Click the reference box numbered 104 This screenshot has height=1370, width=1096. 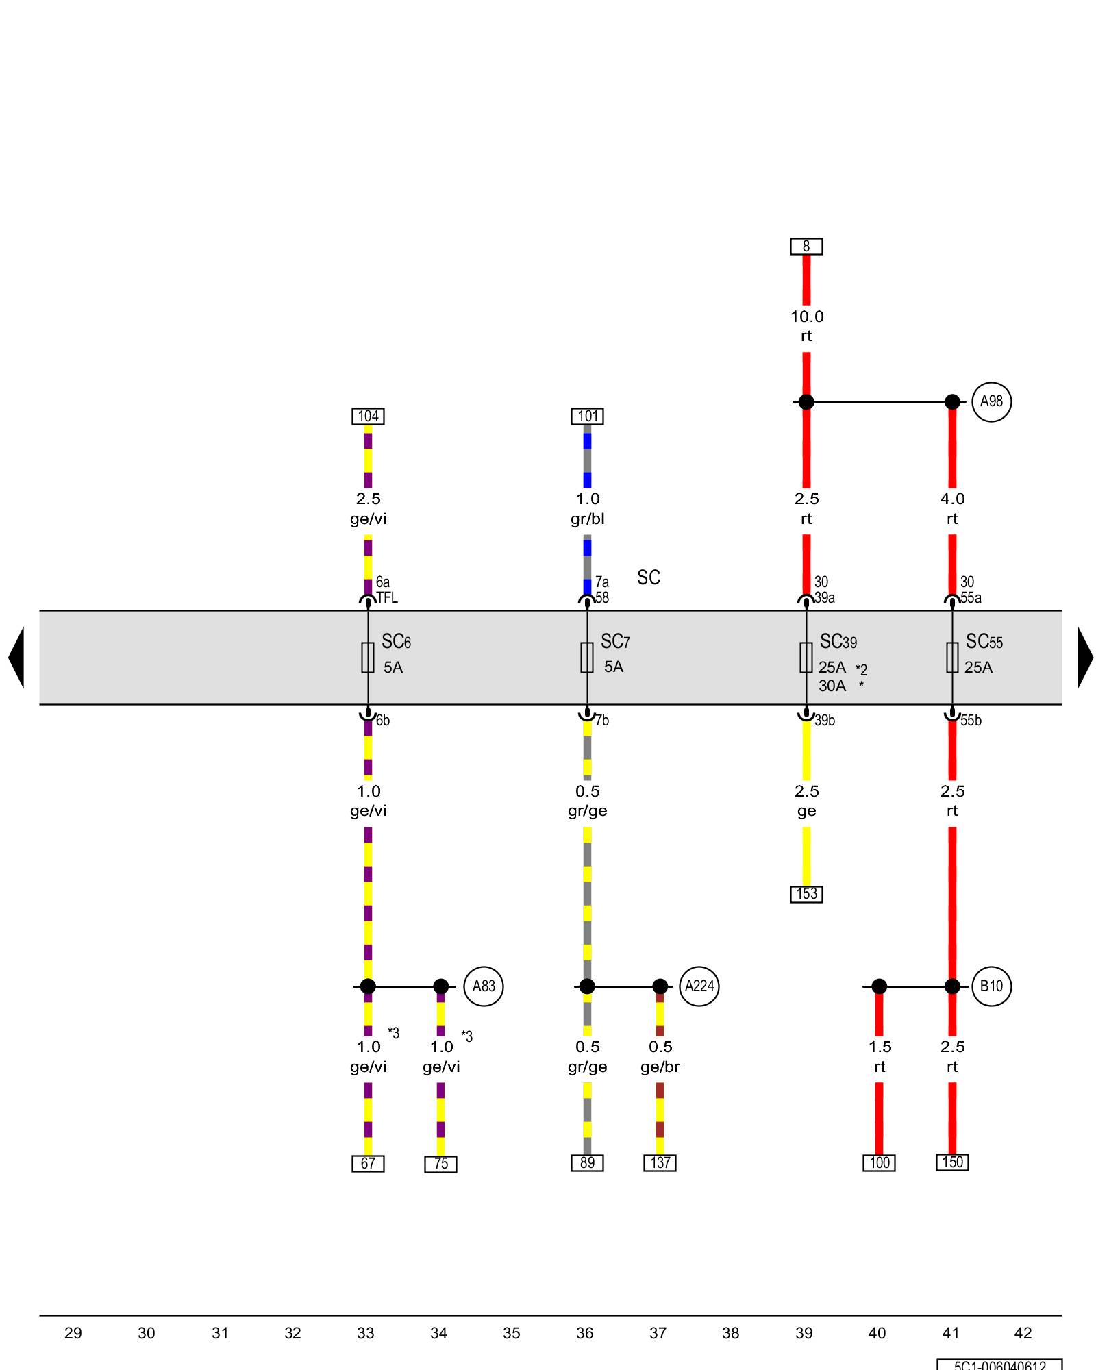[368, 416]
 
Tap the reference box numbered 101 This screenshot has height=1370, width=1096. [587, 416]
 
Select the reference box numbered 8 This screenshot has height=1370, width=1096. [806, 247]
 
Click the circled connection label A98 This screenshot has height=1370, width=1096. [991, 401]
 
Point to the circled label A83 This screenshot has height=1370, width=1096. [484, 986]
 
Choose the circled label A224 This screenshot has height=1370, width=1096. [699, 986]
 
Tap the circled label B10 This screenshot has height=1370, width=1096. [991, 986]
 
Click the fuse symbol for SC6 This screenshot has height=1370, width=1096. [368, 658]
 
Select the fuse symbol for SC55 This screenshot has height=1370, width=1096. [952, 658]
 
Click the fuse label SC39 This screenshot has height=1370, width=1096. [838, 642]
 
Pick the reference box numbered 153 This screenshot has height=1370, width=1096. [806, 894]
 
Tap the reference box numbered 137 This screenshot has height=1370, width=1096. [660, 1163]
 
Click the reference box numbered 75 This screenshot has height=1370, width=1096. [440, 1164]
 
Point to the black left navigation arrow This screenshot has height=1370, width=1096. [17, 658]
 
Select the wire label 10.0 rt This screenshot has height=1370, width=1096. [806, 326]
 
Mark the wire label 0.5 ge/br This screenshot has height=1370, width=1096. [660, 1057]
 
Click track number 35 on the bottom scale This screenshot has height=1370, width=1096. [512, 1333]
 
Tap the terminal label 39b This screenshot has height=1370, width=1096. [825, 721]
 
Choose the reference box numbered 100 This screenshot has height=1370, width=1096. [879, 1163]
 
